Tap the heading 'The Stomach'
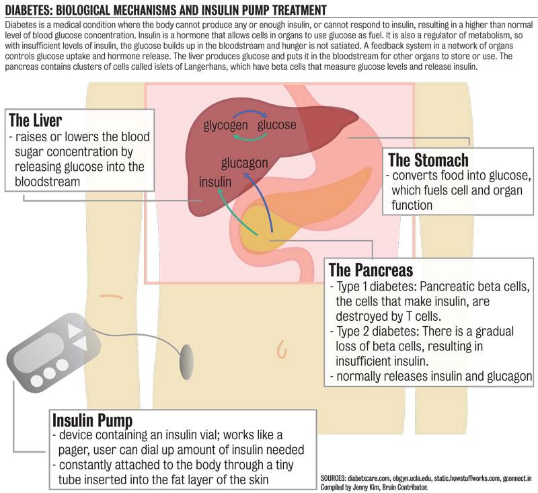(x=428, y=160)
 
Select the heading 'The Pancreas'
(x=370, y=270)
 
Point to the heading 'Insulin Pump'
(x=96, y=420)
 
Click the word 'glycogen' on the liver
(x=226, y=124)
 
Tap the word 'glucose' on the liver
(x=276, y=124)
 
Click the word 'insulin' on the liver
(x=215, y=182)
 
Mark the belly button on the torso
(x=282, y=348)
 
